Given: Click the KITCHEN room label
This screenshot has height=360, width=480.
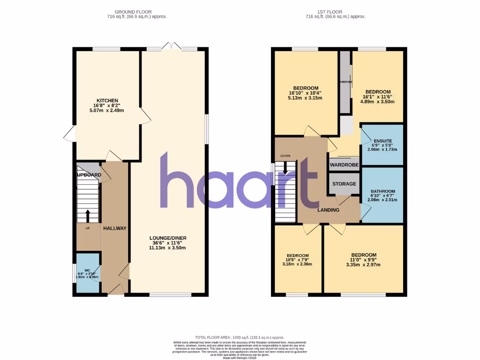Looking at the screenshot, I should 107,100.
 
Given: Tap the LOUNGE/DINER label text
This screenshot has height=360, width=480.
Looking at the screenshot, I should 167,238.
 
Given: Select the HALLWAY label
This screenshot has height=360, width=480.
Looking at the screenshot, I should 115,228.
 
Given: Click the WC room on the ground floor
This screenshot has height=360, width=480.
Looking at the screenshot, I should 87,274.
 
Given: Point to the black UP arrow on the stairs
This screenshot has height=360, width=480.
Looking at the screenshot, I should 88,216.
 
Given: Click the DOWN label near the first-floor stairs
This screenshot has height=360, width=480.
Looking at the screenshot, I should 285,156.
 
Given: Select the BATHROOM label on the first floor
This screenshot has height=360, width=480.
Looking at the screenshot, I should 382,191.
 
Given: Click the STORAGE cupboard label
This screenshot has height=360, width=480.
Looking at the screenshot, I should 344,184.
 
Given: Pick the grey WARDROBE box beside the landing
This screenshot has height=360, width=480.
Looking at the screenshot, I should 344,165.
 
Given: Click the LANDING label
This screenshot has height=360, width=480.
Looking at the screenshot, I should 328,210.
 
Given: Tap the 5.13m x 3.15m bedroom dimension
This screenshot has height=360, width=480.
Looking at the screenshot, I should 306,97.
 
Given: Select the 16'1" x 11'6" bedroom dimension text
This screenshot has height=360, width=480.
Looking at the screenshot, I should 378,97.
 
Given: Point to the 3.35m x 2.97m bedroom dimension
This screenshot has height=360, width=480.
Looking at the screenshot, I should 364,264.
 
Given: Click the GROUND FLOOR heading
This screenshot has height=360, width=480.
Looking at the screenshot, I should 137,12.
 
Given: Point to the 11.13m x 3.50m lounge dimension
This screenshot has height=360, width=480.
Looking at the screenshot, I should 167,247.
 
